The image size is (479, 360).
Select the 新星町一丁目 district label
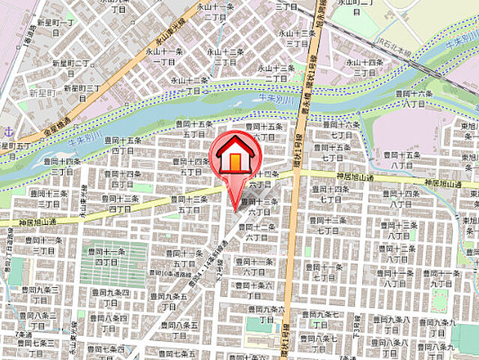click(x=56, y=26)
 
